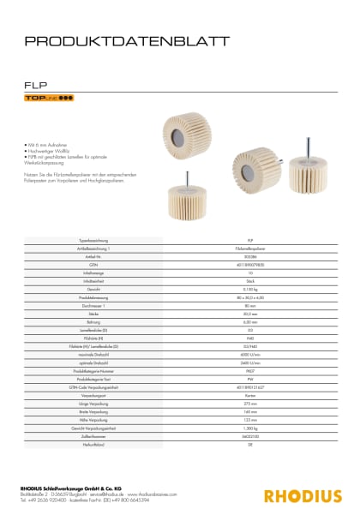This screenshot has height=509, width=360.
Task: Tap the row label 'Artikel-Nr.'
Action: pos(91,255)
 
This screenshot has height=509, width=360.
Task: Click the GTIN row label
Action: pos(91,263)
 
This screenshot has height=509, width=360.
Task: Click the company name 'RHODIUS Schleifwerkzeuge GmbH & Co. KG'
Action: pos(81,488)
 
